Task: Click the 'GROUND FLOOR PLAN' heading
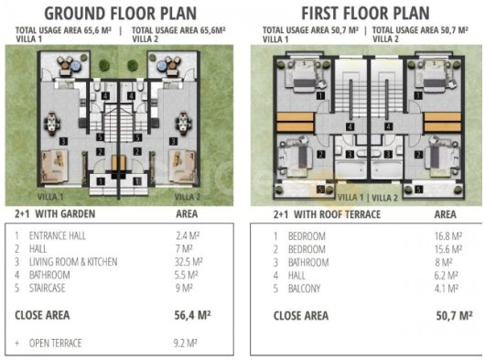[x=121, y=14]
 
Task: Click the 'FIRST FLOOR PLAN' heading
[x=365, y=14]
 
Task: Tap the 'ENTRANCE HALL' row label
[x=58, y=235]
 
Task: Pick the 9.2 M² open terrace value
[x=186, y=343]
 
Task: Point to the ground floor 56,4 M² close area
[x=192, y=315]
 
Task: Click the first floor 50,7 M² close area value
[x=454, y=316]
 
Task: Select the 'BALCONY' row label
[x=304, y=289]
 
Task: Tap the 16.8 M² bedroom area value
[x=448, y=236]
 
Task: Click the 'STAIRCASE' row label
[x=47, y=289]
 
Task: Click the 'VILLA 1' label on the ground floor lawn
[x=50, y=197]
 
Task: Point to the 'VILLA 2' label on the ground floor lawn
[x=188, y=197]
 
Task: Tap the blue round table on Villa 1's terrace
[x=75, y=65]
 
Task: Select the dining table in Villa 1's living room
[x=52, y=124]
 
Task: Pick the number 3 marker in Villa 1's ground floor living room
[x=63, y=141]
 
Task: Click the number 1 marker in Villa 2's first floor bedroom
[x=418, y=95]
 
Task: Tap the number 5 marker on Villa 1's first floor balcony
[x=321, y=190]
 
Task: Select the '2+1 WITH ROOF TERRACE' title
[x=327, y=214]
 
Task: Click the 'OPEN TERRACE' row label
[x=56, y=344]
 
